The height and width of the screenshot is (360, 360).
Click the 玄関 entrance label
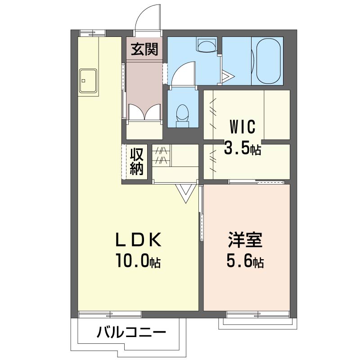coord(144,49)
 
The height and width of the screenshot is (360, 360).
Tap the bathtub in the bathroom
coord(268,61)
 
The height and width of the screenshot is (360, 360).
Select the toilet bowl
coord(183,116)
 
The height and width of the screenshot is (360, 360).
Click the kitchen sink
coord(88,81)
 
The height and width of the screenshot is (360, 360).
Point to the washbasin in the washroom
coord(207,45)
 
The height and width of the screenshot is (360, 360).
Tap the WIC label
coord(243,126)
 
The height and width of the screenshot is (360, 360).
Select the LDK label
coord(139,240)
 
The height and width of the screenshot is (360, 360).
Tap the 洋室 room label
coord(245,240)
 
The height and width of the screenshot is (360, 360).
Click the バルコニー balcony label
coord(131,333)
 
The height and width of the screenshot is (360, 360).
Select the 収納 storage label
coord(137,162)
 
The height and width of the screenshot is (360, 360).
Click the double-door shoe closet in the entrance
coord(144,112)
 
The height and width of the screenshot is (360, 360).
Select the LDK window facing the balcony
coord(110,314)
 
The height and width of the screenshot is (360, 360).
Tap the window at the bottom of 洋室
coord(258,314)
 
